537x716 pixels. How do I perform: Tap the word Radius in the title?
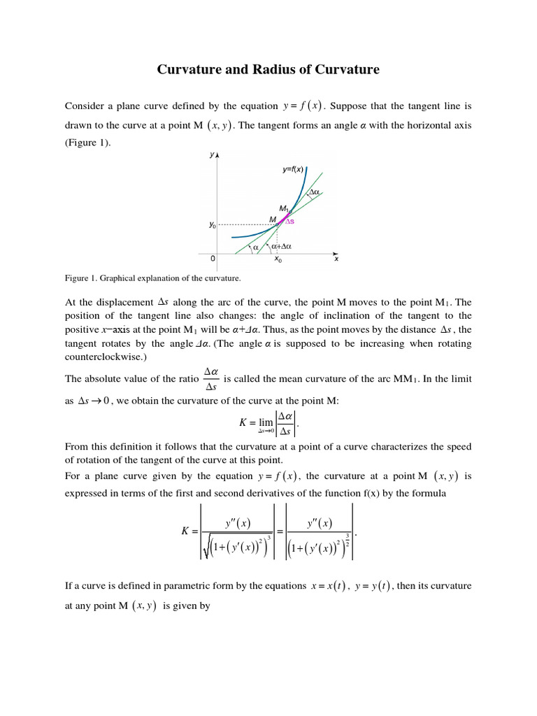(x=281, y=69)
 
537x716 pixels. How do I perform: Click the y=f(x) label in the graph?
(x=292, y=169)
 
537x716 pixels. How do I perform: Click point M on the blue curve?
(x=278, y=224)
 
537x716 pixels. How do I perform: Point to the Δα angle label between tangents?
(x=314, y=192)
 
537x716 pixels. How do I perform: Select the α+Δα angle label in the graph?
(x=282, y=246)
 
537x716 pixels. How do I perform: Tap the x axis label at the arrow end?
(x=336, y=259)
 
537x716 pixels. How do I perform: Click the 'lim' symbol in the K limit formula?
(x=266, y=422)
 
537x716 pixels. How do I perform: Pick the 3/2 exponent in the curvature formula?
(x=348, y=540)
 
